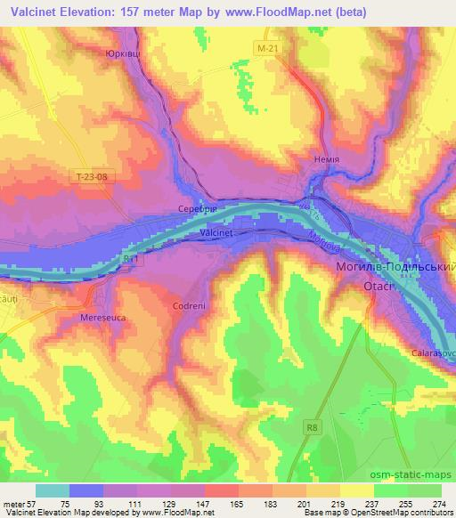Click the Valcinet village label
click(216, 231)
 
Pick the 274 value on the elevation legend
click(438, 503)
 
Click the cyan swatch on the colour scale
click(53, 490)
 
